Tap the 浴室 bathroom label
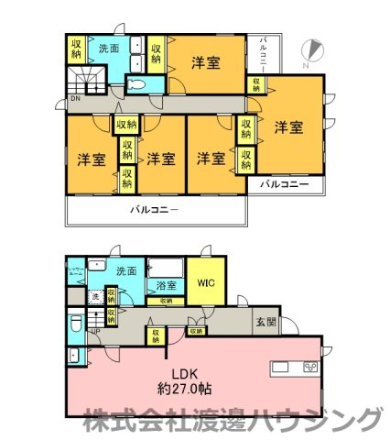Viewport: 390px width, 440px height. (x=166, y=284)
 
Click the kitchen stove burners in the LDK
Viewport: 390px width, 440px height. (x=309, y=368)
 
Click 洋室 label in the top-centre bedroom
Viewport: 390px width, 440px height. (x=205, y=62)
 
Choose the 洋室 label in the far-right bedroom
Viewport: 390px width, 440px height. (x=289, y=127)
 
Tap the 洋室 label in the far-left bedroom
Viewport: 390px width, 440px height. (x=91, y=158)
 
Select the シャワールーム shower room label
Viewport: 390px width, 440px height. (x=77, y=270)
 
